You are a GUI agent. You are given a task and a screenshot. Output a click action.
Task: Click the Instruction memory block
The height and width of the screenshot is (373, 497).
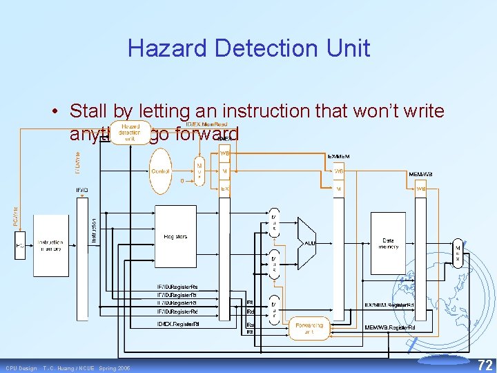click(51, 246)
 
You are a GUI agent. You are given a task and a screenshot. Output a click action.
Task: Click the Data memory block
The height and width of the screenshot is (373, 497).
click(388, 245)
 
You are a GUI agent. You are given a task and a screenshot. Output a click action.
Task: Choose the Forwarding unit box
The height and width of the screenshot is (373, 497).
click(309, 328)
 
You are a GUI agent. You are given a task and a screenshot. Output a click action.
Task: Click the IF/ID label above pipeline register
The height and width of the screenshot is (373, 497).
click(81, 190)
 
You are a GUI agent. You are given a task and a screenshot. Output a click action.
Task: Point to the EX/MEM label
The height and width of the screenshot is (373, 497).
click(338, 157)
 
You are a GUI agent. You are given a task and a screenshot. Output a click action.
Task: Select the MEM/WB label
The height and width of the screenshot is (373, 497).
click(420, 174)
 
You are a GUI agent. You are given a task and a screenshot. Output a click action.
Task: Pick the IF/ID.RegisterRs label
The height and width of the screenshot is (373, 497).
click(177, 287)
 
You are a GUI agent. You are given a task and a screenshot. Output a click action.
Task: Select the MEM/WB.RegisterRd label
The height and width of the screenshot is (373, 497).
click(390, 326)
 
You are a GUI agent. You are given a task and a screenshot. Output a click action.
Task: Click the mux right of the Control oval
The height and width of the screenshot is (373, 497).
click(199, 171)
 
